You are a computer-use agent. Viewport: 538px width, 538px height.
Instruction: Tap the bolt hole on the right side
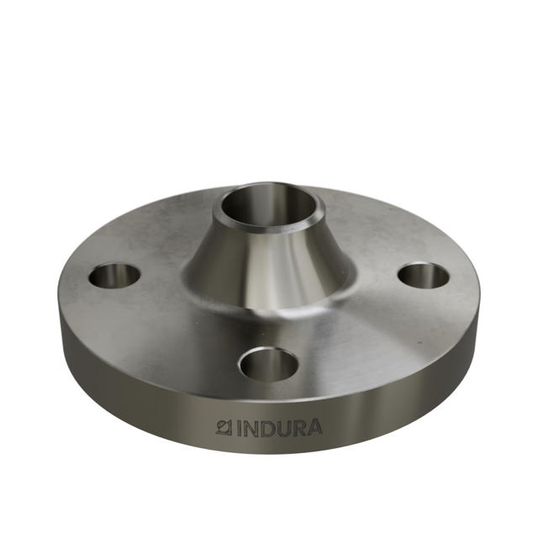tap(423, 275)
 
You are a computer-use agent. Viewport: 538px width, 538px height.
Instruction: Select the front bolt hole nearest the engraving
tap(268, 364)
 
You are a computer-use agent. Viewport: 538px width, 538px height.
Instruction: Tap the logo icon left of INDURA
tap(224, 427)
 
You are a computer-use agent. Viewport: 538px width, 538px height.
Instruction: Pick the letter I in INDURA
tap(240, 428)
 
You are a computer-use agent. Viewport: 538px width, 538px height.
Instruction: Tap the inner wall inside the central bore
tap(252, 203)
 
